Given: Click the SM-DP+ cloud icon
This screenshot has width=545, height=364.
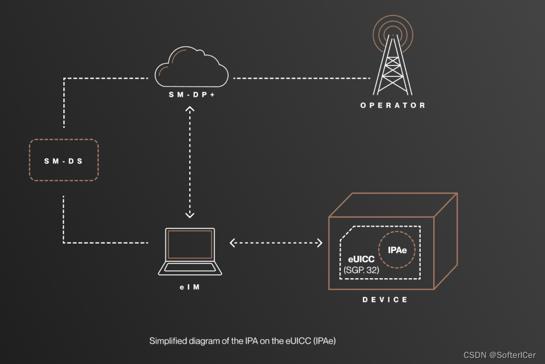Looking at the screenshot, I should [191, 68].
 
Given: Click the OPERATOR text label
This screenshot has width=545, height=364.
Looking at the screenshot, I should [393, 105].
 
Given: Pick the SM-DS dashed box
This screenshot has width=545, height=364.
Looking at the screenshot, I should [63, 161].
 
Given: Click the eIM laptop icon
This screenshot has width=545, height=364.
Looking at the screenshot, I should [190, 252].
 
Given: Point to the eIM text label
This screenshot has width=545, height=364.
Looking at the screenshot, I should [189, 286].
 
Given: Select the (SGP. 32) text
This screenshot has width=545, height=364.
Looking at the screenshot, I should [361, 270].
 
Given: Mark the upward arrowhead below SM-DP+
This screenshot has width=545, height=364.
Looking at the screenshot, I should [190, 109].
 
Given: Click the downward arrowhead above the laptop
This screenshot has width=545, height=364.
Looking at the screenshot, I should [190, 214].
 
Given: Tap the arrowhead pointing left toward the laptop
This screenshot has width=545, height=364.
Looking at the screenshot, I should [233, 242].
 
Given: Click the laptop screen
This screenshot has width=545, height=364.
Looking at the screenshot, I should [190, 244].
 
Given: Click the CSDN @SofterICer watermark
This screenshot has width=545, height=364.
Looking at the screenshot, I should [499, 355].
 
